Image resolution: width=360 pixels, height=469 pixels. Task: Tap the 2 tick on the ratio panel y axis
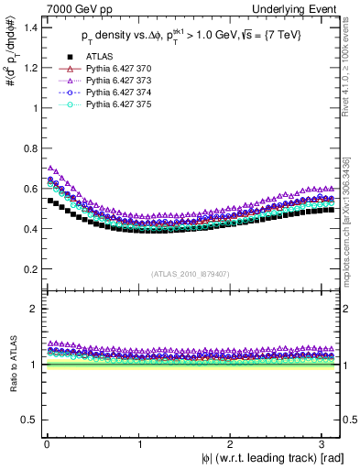pos(29,309)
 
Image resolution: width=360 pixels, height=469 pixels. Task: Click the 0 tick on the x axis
pos(46,443)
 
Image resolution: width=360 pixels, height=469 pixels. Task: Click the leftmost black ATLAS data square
pos(50,201)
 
